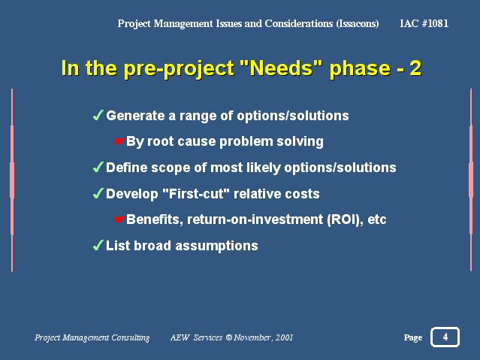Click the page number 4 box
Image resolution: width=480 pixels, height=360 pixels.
pyautogui.click(x=445, y=337)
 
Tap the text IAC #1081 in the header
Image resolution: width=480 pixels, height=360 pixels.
pyautogui.click(x=424, y=23)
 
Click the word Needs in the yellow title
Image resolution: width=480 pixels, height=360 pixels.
pyautogui.click(x=282, y=68)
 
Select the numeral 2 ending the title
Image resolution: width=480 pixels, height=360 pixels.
pyautogui.click(x=415, y=68)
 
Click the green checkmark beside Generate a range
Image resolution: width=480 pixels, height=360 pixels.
pyautogui.click(x=98, y=115)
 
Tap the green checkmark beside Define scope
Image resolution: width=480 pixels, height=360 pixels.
pyautogui.click(x=98, y=168)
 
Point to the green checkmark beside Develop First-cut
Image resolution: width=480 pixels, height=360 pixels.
pyautogui.click(x=98, y=193)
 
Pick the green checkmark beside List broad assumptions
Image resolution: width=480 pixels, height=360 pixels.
pyautogui.click(x=98, y=245)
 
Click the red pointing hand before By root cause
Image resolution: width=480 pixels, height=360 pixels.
pyautogui.click(x=119, y=141)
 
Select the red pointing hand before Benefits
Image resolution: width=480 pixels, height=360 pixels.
pyautogui.click(x=119, y=219)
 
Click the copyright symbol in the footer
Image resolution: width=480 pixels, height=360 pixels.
pyautogui.click(x=228, y=337)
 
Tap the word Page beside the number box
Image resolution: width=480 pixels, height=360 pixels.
pyautogui.click(x=413, y=337)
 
